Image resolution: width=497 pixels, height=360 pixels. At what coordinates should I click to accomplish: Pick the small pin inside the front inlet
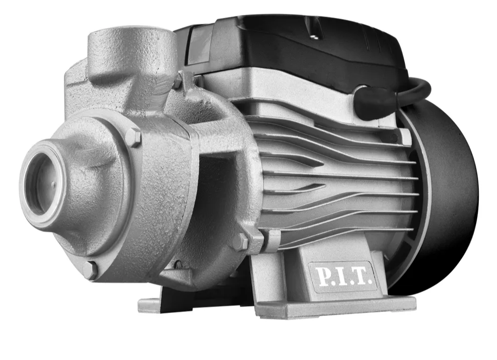click(53, 185)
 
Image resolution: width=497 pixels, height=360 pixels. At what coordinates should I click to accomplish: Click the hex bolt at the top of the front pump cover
click(133, 137)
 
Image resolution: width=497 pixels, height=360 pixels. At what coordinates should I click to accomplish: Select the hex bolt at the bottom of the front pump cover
click(90, 270)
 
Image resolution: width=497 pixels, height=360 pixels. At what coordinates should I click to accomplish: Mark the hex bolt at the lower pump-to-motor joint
click(240, 242)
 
